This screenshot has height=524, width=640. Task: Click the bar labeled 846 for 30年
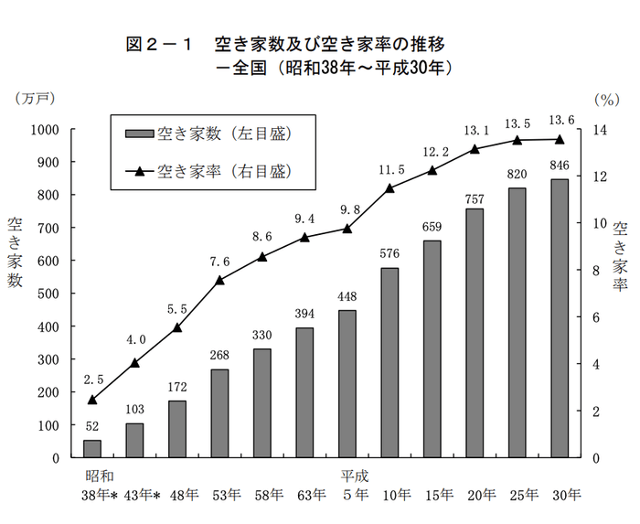pyautogui.click(x=560, y=318)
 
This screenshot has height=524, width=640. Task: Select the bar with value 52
pyautogui.click(x=92, y=448)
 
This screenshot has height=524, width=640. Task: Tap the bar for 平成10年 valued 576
pyautogui.click(x=389, y=362)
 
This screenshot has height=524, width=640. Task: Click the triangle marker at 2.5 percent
pyautogui.click(x=92, y=400)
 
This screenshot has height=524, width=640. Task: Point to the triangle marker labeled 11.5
pyautogui.click(x=389, y=188)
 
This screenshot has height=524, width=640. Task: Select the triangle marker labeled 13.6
pyautogui.click(x=560, y=139)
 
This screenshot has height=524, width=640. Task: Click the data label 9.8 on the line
pyautogui.click(x=347, y=209)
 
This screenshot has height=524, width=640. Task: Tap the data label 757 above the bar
pyautogui.click(x=475, y=199)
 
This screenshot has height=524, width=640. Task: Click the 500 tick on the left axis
pyautogui.click(x=47, y=294)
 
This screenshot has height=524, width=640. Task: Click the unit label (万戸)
pyautogui.click(x=34, y=96)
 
